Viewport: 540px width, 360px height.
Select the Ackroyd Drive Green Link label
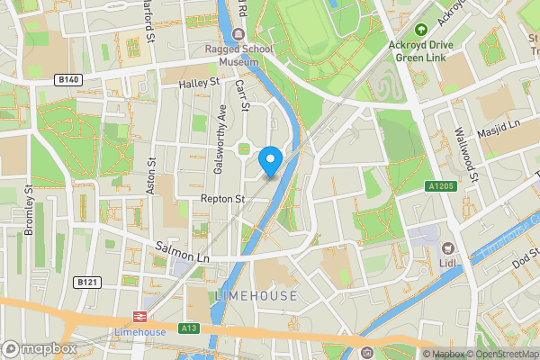click(420, 51)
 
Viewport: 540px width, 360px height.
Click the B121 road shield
click(86, 283)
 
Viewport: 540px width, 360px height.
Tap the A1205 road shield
click(437, 186)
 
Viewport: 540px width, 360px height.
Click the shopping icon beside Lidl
click(446, 249)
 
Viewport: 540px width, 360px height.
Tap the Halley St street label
click(200, 83)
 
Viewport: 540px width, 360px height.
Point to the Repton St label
click(222, 198)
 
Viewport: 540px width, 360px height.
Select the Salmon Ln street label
click(182, 251)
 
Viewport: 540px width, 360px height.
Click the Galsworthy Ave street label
click(220, 139)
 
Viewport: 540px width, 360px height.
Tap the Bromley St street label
click(29, 211)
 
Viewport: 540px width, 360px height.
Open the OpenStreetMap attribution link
click(502, 354)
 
